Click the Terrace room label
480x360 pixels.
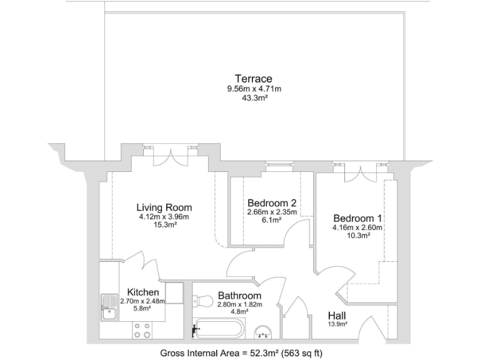coord(253,79)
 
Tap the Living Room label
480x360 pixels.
coord(164,207)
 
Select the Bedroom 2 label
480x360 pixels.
coord(271,203)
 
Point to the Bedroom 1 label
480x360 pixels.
coord(357,218)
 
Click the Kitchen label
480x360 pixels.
coord(143,292)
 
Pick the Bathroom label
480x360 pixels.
coord(239,296)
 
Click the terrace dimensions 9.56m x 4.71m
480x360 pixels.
coord(254,89)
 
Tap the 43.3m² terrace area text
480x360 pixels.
coord(254,99)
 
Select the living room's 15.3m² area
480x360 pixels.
coord(164,226)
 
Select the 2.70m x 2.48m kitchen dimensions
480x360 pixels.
coord(143,301)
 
